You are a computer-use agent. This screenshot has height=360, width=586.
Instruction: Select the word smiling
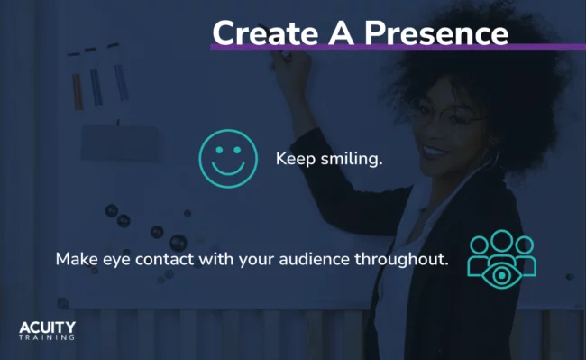(353, 159)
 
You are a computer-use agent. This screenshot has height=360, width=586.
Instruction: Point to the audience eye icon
(502, 260)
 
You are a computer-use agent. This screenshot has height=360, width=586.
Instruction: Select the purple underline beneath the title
(397, 46)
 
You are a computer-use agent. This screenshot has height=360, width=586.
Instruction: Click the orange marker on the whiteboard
(77, 90)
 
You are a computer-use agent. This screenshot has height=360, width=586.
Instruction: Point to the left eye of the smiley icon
(219, 151)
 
